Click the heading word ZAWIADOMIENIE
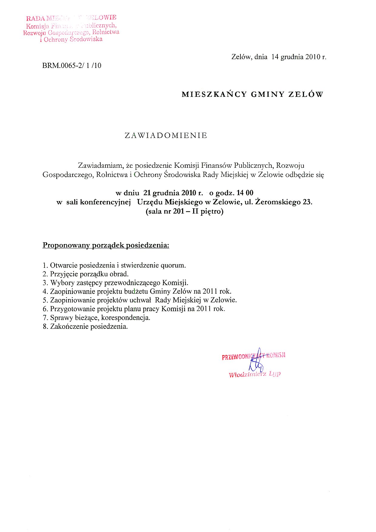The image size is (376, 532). coord(166,136)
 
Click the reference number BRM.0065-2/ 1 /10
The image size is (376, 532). coord(72,65)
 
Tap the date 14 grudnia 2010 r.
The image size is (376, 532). coord(299,57)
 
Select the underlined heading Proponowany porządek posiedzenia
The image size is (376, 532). coord(106,245)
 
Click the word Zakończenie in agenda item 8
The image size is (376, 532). coord(69,327)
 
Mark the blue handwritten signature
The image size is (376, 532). coord(257,361)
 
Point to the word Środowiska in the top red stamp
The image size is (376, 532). coord(86,39)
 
